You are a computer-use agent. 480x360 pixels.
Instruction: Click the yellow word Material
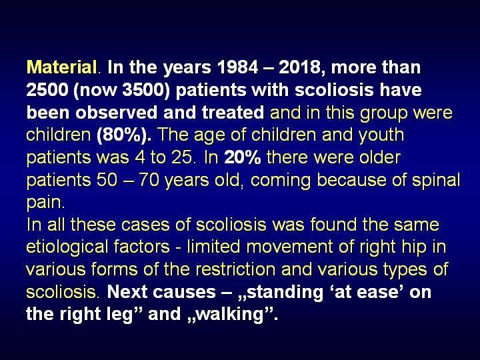pyautogui.click(x=62, y=67)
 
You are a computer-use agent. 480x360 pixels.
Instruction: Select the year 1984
pyautogui.click(x=237, y=67)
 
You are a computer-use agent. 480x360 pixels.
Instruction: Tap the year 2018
pyautogui.click(x=299, y=67)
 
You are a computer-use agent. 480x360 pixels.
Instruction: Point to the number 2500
pyautogui.click(x=47, y=90)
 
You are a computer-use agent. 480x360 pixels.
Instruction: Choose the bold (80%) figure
pyautogui.click(x=124, y=135)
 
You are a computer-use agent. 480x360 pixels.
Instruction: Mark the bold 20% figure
pyautogui.click(x=243, y=157)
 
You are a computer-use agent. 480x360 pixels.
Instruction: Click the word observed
pyautogui.click(x=117, y=113)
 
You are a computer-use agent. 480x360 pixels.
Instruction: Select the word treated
pyautogui.click(x=233, y=113)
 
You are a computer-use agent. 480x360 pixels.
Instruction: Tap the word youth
pyautogui.click(x=381, y=135)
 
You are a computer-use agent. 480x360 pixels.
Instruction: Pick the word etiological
pyautogui.click(x=67, y=247)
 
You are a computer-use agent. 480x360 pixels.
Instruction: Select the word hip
pyautogui.click(x=416, y=247)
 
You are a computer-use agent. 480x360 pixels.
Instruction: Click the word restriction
pyautogui.click(x=235, y=270)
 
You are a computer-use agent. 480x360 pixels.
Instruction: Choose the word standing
pyautogui.click(x=285, y=293)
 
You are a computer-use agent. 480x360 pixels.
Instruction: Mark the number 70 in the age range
pyautogui.click(x=149, y=180)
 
